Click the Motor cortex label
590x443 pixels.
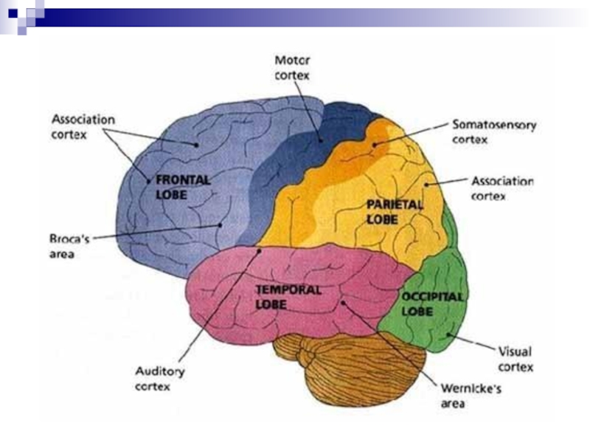coord(292,66)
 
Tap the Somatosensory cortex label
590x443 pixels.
coord(493,131)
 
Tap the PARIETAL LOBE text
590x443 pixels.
coord(395,212)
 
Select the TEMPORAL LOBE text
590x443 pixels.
coord(288,296)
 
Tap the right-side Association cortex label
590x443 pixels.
coord(502,189)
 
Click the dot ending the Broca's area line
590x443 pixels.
coord(220,224)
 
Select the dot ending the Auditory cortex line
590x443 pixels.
coord(260,250)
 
